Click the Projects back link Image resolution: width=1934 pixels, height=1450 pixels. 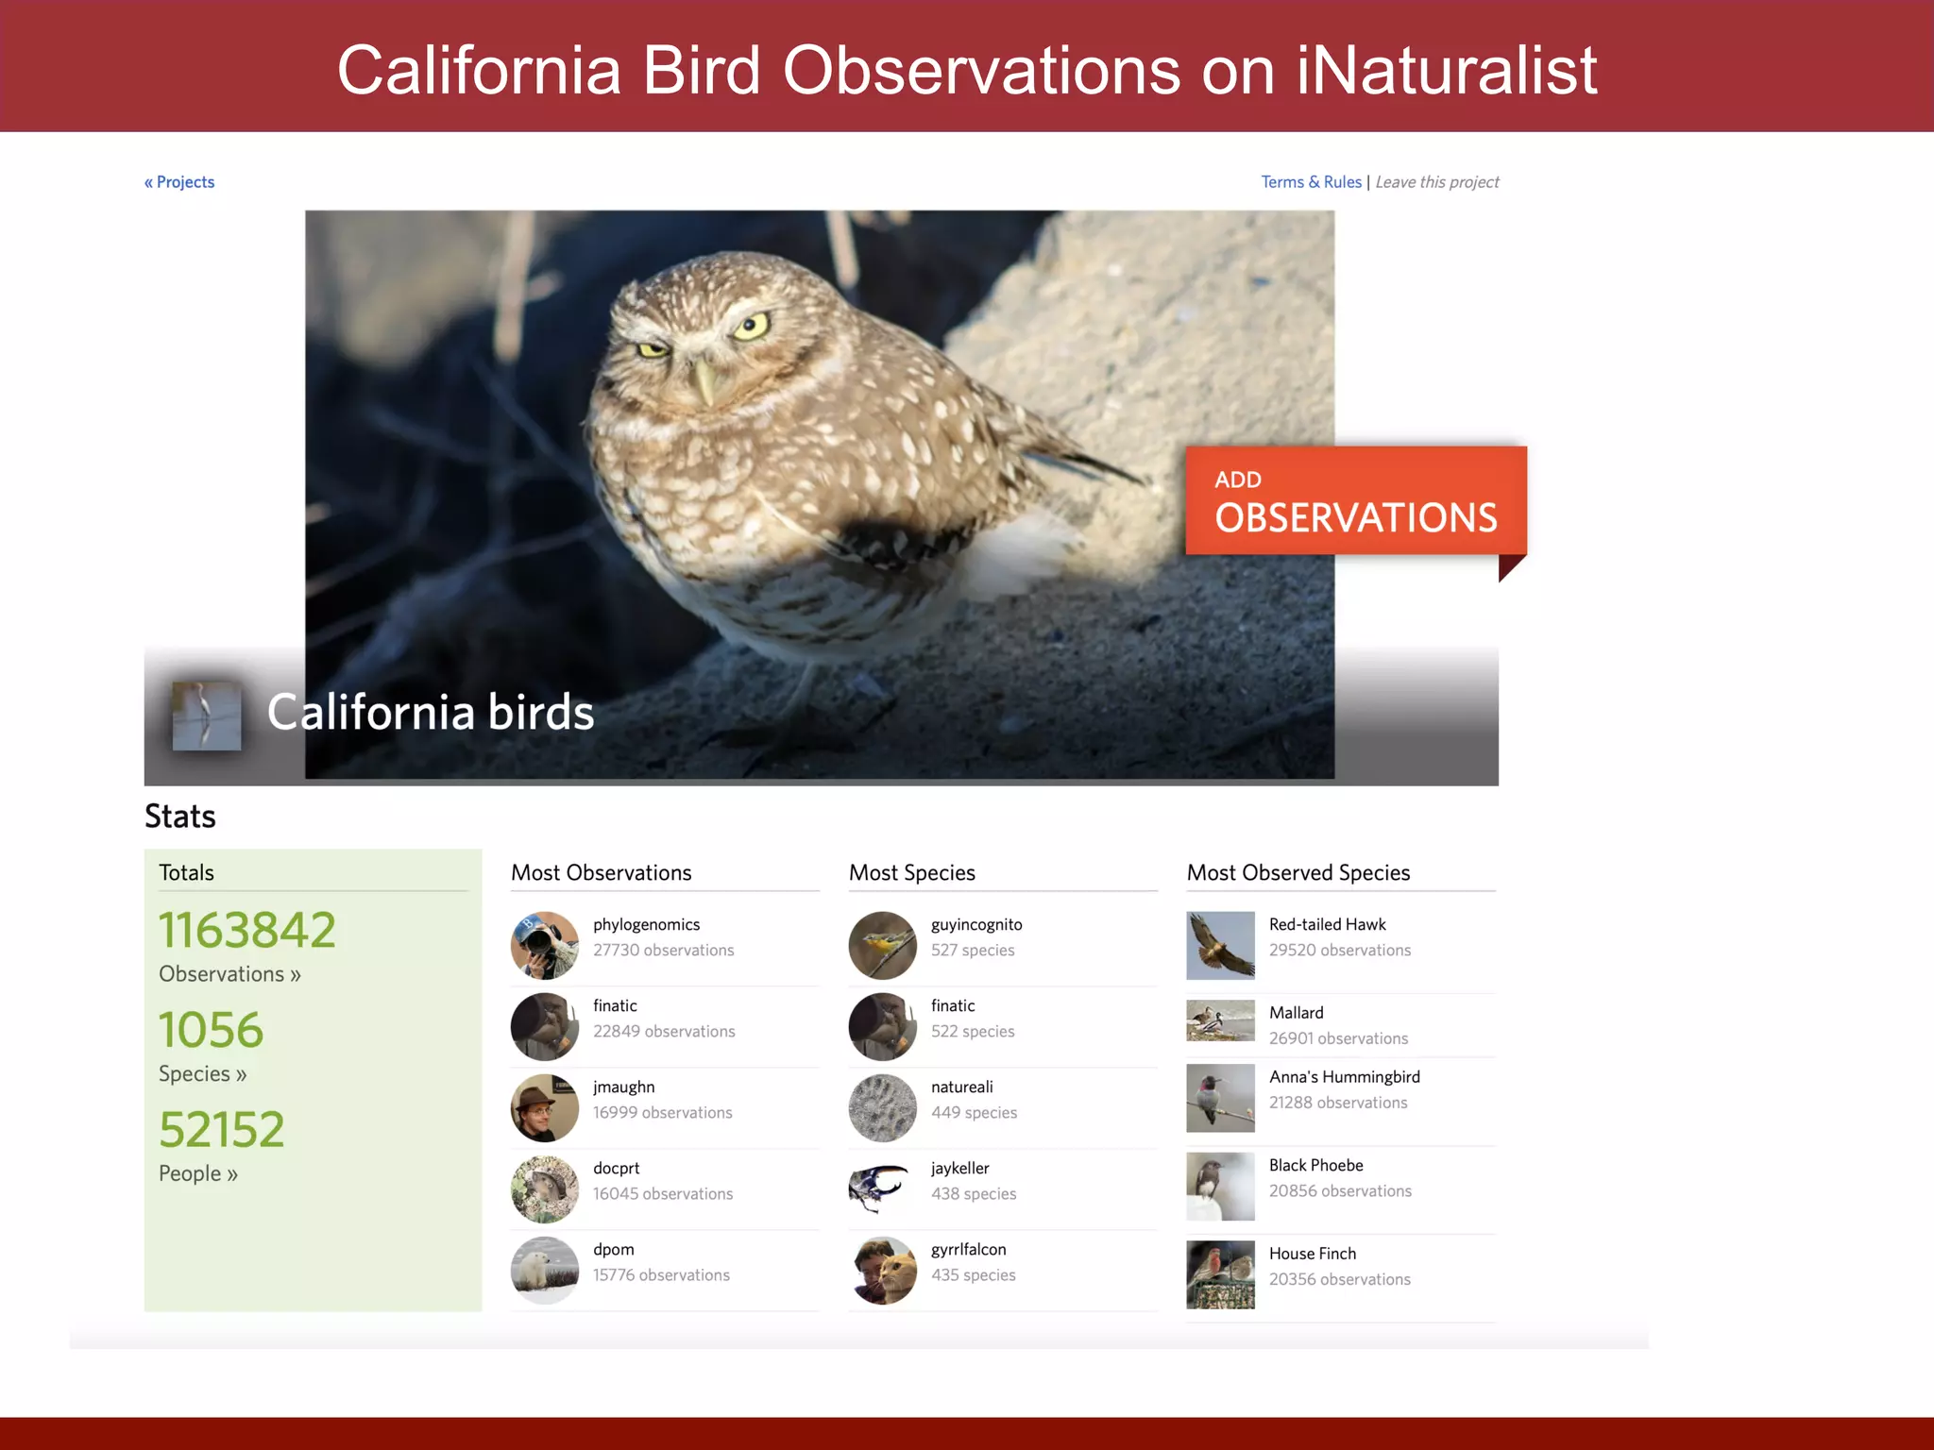pos(179,182)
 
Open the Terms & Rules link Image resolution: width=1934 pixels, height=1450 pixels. pos(1311,182)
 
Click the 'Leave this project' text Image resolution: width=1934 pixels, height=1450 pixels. pos(1436,182)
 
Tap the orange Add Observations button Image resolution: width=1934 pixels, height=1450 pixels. pos(1355,501)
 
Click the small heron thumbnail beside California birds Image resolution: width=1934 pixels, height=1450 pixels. pos(207,717)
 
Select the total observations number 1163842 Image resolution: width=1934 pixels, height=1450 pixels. pos(247,930)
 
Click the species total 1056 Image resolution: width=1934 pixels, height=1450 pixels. pos(211,1030)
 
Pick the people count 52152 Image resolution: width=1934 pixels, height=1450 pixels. pos(222,1130)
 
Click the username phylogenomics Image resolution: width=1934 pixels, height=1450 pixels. pos(646,925)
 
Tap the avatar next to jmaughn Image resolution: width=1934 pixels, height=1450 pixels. pos(545,1108)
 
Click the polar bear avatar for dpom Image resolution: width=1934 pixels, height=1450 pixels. pos(545,1271)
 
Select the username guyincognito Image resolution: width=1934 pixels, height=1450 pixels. pos(976,925)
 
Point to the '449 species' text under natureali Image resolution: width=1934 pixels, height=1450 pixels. pos(974,1113)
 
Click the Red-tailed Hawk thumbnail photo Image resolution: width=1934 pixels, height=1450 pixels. pos(1220,945)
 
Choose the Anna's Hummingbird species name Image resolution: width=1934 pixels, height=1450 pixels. pos(1344,1077)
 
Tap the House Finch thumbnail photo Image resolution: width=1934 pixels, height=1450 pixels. pos(1220,1274)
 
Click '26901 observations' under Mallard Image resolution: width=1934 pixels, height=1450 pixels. pos(1338,1038)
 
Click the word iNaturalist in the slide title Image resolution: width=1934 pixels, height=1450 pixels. pos(1446,71)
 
